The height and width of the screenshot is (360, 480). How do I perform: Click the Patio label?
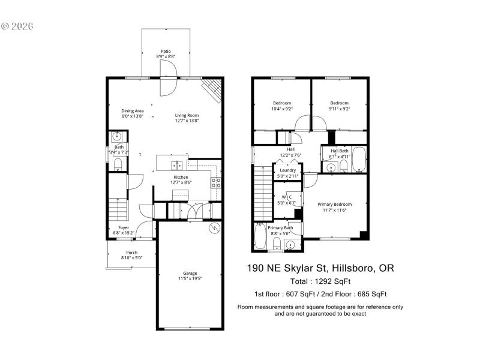165,51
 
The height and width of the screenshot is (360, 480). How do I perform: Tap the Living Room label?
187,115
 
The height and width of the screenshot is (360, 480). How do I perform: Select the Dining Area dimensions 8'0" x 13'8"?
133,116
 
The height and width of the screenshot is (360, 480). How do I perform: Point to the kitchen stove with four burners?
217,182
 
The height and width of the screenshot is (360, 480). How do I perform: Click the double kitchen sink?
177,165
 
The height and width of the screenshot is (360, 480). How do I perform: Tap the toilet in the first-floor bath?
118,164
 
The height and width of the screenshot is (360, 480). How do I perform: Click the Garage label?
190,273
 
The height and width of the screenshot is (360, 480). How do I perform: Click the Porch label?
131,253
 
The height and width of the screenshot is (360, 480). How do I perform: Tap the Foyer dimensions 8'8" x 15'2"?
124,233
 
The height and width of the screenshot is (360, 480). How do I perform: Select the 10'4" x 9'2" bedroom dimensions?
281,109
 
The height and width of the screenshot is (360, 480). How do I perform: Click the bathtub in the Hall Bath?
358,159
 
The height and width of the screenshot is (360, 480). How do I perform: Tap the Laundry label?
287,170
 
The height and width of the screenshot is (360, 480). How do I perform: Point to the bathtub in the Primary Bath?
259,237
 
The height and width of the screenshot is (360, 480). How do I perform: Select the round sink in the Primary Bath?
290,245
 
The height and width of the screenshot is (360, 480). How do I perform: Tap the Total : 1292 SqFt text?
320,281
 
